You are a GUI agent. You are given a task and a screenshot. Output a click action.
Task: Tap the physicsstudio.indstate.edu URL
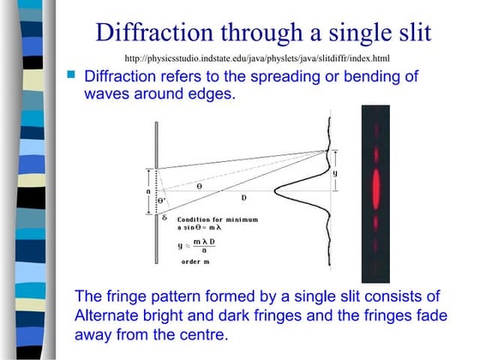(x=257, y=58)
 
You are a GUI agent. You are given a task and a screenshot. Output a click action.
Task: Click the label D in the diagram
(x=243, y=198)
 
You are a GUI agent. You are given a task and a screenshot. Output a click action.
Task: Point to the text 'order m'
(x=196, y=261)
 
